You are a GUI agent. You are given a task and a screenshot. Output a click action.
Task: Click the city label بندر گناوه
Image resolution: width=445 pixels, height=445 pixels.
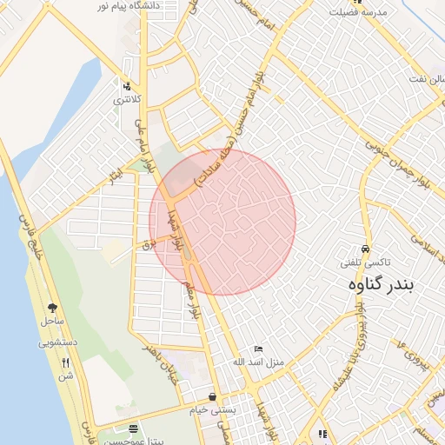point(382,283)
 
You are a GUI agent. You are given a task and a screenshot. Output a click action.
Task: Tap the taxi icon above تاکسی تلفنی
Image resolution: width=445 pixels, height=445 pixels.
point(366,247)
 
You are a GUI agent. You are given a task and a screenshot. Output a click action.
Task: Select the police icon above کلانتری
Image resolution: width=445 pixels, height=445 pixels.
point(127,86)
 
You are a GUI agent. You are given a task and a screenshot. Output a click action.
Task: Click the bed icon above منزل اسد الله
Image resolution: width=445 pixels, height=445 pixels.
point(258,349)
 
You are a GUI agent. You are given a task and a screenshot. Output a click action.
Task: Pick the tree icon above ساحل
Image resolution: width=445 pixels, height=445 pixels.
point(52,308)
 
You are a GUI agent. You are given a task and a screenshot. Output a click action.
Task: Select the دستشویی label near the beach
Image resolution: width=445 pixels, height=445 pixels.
point(58,342)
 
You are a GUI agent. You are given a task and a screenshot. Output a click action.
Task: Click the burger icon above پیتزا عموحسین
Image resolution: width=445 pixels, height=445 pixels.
point(133,428)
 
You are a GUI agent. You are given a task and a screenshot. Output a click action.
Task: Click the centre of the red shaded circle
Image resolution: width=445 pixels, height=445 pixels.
point(222,222)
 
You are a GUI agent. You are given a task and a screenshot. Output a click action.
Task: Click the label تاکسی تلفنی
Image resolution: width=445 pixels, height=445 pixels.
point(367,261)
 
